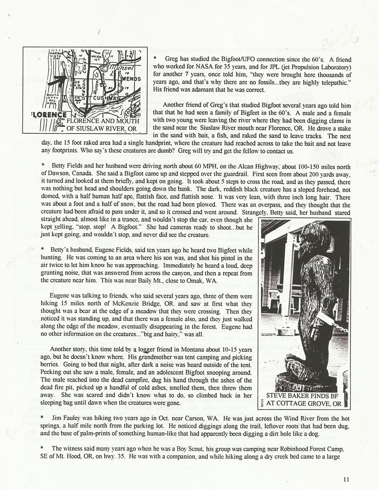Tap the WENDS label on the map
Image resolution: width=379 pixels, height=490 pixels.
pyautogui.click(x=131, y=78)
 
